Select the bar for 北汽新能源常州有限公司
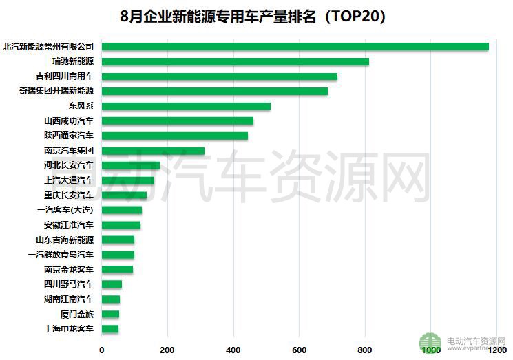click(295, 47)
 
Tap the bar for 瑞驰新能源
click(235, 62)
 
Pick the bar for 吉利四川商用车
click(219, 76)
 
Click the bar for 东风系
click(186, 106)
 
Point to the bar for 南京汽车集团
click(153, 151)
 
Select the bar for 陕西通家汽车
click(174, 136)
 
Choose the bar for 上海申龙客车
click(110, 329)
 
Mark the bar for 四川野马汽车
click(112, 284)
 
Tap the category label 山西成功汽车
click(68, 121)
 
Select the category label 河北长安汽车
click(68, 166)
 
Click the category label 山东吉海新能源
click(65, 240)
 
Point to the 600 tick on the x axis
click(299, 350)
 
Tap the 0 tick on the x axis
click(102, 350)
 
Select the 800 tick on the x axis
click(365, 350)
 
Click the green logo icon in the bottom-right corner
click(431, 343)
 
